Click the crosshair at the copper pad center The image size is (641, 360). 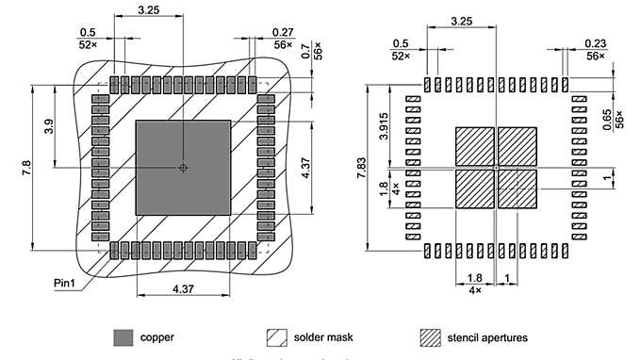(x=184, y=168)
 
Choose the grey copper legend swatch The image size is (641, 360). (x=123, y=336)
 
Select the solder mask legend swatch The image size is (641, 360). (x=276, y=336)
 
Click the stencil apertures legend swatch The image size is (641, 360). (x=431, y=336)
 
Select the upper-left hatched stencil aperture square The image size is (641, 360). (x=475, y=146)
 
